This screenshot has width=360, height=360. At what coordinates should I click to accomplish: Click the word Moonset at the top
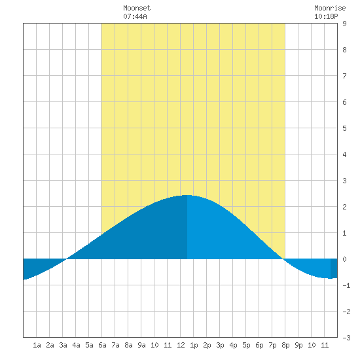137,8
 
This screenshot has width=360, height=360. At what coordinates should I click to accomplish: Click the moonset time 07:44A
135,16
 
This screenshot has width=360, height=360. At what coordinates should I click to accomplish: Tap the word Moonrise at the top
330,8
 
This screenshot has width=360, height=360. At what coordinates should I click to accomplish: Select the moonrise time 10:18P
326,16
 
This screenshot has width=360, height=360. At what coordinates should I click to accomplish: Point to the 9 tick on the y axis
344,24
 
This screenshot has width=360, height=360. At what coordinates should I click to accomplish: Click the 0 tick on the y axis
344,259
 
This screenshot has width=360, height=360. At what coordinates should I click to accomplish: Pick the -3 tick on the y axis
346,338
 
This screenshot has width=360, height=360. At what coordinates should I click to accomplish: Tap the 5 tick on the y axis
344,128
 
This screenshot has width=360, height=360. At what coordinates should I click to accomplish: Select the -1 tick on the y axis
346,285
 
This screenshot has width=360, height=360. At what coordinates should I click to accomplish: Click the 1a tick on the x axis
37,345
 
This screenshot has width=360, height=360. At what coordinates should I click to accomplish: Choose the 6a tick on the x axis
102,345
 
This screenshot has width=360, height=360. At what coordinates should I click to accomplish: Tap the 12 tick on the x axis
181,345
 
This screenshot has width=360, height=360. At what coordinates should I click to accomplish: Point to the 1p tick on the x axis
194,345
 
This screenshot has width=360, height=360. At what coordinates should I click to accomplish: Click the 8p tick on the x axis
285,345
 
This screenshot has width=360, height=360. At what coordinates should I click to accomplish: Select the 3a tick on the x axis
63,345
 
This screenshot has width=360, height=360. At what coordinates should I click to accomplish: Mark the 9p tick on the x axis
298,345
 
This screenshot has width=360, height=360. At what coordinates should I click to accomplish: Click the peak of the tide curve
187,195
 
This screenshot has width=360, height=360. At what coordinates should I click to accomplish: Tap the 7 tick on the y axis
344,76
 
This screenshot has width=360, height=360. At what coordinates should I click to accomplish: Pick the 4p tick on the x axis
233,345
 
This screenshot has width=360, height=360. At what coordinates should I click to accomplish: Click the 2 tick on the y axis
344,207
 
